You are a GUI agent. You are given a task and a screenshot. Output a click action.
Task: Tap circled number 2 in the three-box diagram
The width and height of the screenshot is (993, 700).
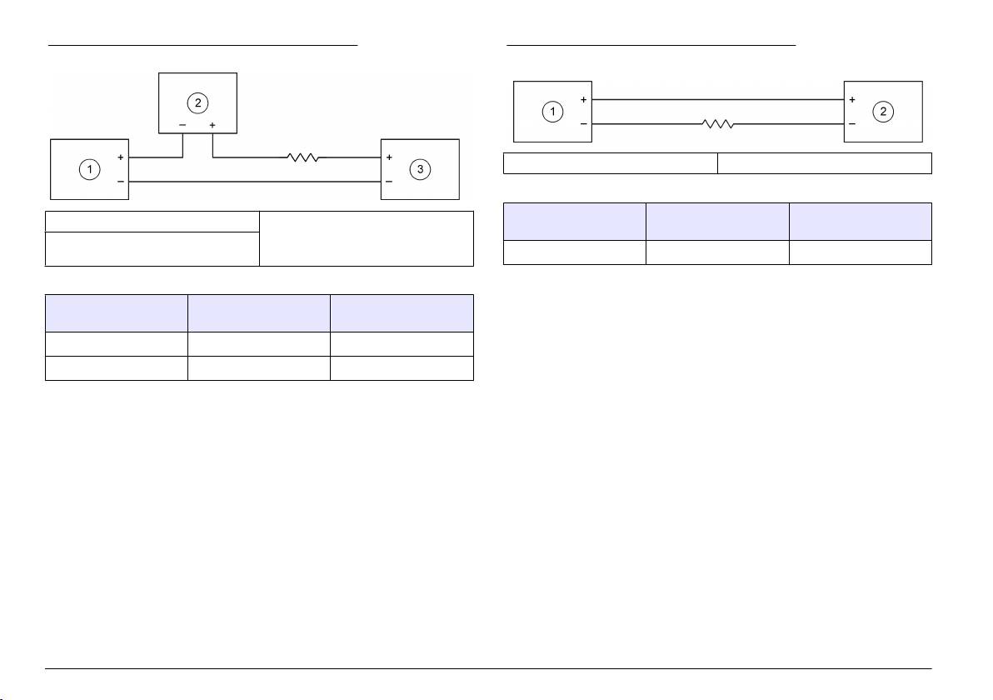point(197,103)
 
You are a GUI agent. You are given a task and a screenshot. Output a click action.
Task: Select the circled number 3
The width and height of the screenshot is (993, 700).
point(421,169)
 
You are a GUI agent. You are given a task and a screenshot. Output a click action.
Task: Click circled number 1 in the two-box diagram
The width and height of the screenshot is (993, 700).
point(551,112)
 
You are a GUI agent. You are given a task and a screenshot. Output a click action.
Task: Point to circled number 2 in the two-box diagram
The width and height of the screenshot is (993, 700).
point(882,112)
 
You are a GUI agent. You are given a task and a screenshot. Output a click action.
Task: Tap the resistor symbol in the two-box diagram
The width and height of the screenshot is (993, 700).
point(717,124)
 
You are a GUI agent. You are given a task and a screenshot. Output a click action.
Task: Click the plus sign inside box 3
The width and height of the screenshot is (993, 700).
point(389,157)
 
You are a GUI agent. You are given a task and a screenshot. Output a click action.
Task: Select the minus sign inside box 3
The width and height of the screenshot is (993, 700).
point(389,180)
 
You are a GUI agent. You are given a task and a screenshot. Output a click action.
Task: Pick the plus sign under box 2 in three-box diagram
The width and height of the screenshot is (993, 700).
point(213,125)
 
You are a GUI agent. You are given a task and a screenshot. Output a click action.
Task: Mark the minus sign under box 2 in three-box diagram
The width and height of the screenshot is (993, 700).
point(183,125)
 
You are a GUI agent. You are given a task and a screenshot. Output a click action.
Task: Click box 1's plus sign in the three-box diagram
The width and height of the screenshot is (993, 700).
point(121,157)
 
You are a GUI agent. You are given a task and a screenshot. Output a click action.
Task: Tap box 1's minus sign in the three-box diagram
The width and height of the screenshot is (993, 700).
point(121,180)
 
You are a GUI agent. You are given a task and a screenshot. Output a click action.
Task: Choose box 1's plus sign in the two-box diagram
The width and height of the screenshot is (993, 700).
point(583,100)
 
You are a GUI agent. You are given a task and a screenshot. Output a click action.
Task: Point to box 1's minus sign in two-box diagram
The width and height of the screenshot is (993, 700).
point(583,123)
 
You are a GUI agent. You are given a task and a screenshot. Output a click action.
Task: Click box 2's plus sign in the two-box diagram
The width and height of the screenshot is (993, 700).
point(851,100)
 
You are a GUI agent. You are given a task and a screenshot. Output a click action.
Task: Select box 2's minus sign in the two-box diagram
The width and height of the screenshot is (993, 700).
point(851,123)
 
